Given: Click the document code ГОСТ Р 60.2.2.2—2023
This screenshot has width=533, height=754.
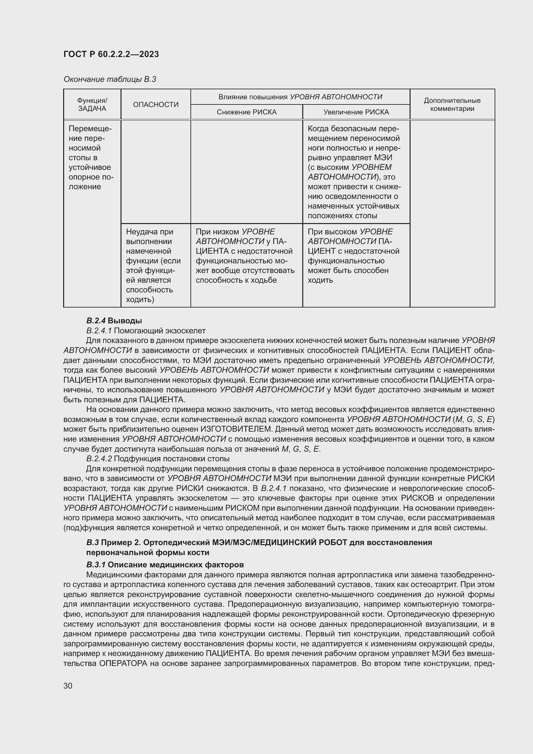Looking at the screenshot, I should pyautogui.click(x=111, y=54).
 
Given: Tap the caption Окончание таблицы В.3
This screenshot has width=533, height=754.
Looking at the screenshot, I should pyautogui.click(x=110, y=79).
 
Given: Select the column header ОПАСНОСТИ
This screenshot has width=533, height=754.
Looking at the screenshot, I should pyautogui.click(x=156, y=104).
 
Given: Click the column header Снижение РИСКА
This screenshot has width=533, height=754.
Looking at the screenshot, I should pyautogui.click(x=247, y=112).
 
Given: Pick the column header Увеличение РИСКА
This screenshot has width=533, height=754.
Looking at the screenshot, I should pyautogui.click(x=356, y=112).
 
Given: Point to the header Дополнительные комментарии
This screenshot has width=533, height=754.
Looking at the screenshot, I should pyautogui.click(x=452, y=104).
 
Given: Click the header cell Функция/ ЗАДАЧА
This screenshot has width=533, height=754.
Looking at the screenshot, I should pyautogui.click(x=92, y=104).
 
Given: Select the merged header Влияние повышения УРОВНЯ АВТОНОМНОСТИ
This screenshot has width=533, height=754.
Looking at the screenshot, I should pyautogui.click(x=300, y=97).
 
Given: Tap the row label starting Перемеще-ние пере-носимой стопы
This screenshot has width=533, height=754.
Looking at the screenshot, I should pyautogui.click(x=91, y=158).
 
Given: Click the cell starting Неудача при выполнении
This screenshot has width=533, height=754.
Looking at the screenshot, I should pyautogui.click(x=153, y=265).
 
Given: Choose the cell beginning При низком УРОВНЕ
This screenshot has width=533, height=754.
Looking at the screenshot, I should pyautogui.click(x=245, y=256).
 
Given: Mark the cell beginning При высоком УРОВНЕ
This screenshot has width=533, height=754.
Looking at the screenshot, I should pyautogui.click(x=353, y=256).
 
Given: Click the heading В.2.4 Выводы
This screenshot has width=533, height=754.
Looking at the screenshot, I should pyautogui.click(x=114, y=320).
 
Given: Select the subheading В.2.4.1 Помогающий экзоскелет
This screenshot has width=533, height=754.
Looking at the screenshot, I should pyautogui.click(x=146, y=330).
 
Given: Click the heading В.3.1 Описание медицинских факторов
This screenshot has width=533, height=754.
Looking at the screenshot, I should pyautogui.click(x=165, y=564).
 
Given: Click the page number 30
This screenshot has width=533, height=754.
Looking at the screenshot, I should pyautogui.click(x=68, y=686).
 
